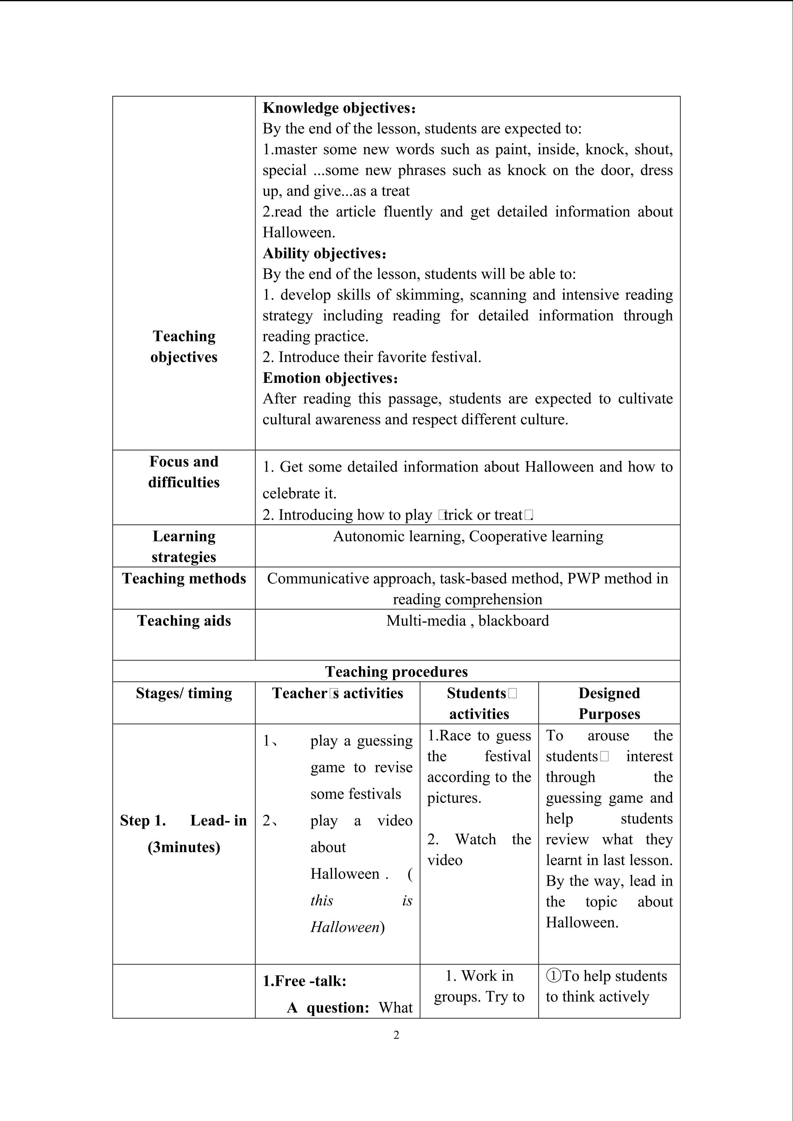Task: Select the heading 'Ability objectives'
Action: point(323,253)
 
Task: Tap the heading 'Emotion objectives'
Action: point(329,378)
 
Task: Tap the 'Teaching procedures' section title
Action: point(396,672)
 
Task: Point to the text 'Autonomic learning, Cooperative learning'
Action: point(468,537)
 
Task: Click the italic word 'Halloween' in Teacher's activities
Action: point(345,927)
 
